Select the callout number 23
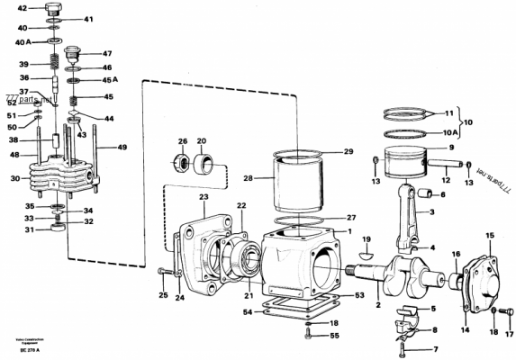(x=204, y=196)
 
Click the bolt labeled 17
(x=508, y=318)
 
